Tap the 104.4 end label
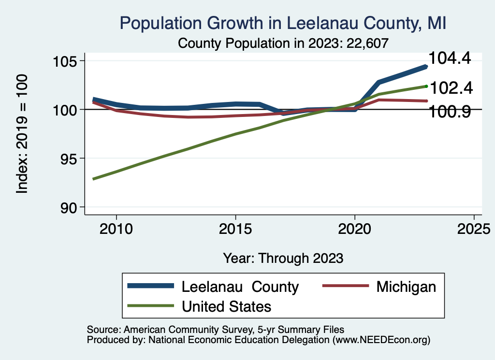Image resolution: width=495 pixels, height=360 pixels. pos(450,58)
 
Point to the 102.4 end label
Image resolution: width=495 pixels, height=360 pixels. pos(451,88)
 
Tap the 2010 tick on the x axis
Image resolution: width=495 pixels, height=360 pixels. pos(116,229)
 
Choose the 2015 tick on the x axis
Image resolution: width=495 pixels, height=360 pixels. pos(235,229)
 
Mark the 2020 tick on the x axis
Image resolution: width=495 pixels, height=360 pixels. pos(354,229)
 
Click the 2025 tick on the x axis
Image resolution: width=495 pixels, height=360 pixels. pos(474,229)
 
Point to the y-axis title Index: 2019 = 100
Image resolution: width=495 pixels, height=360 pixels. pos(22,134)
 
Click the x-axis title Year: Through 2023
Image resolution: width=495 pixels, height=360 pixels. pos(283,258)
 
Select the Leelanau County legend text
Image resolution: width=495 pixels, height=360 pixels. pos(240,287)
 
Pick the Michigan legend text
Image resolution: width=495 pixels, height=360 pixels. pos(406,287)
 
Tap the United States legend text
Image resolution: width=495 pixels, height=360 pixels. pos(226,306)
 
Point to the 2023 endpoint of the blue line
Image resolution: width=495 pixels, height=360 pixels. pos(426,67)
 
